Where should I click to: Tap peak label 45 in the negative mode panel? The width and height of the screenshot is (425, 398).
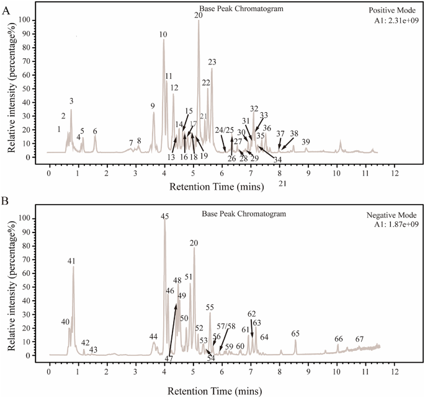[x=164, y=216]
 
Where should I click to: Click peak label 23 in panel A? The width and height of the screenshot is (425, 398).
[x=212, y=62]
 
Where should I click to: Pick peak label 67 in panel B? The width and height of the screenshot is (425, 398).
[x=359, y=339]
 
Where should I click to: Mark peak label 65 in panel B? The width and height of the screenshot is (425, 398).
[x=295, y=334]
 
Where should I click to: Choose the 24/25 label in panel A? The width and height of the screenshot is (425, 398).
[x=224, y=130]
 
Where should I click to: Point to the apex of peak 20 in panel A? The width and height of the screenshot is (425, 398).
[x=199, y=20]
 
